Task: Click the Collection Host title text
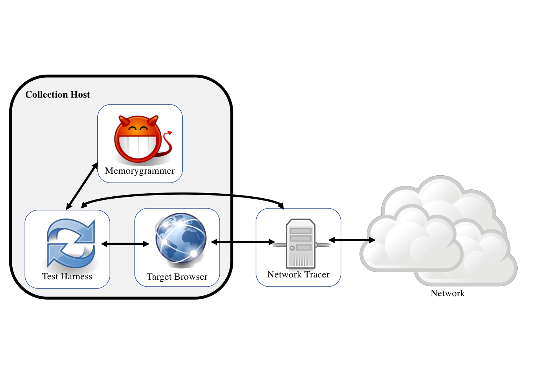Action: point(57,95)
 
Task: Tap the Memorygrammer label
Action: point(140,171)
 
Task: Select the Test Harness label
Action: point(67,276)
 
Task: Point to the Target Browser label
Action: point(177,277)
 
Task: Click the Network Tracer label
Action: point(298,274)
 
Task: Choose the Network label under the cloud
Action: point(448,293)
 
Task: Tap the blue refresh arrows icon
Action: point(71,243)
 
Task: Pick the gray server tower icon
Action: point(301,243)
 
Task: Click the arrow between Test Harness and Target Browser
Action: point(125,244)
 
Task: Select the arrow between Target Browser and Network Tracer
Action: point(243,242)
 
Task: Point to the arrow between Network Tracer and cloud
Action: point(352,240)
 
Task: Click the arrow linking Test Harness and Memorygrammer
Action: point(82,186)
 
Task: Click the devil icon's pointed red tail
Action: point(167,144)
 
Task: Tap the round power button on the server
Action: point(292,248)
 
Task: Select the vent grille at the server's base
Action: point(301,260)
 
